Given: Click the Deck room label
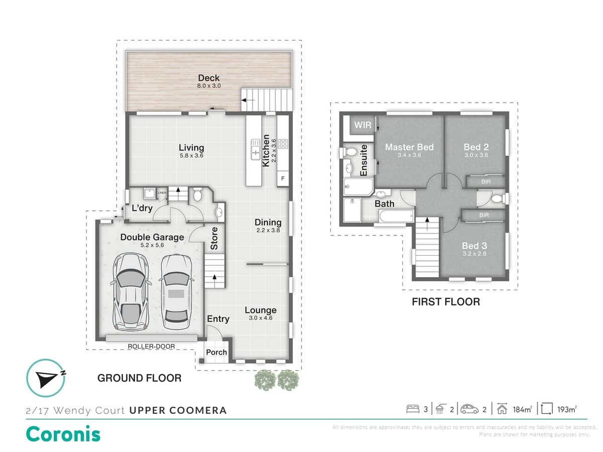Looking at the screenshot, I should [x=209, y=78].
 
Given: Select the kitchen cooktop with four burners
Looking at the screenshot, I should [x=283, y=144].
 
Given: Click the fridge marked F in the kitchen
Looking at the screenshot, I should [x=283, y=178].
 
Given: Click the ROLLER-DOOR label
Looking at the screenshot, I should [x=151, y=347].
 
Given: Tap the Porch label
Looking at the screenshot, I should [x=217, y=352].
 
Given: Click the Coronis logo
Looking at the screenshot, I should [x=63, y=433].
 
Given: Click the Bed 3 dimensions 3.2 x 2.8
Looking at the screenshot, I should [x=474, y=254].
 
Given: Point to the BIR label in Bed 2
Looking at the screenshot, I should [x=485, y=181].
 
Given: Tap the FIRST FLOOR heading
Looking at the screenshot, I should [x=446, y=302].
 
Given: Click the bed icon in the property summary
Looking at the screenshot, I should [x=413, y=409].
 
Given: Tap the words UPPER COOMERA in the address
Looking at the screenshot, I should [x=178, y=410].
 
